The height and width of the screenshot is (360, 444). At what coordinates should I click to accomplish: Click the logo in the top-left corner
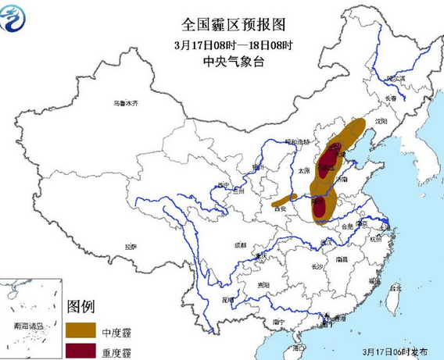click(x=17, y=17)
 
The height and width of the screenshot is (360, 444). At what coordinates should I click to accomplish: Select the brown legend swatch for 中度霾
click(x=81, y=332)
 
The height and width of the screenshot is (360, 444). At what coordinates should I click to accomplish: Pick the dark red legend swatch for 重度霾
click(x=81, y=351)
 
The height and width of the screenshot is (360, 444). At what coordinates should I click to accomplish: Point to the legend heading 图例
click(x=81, y=305)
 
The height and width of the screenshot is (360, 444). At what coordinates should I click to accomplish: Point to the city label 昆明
click(x=227, y=299)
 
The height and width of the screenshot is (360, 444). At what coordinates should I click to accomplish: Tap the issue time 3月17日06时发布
click(x=395, y=354)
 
